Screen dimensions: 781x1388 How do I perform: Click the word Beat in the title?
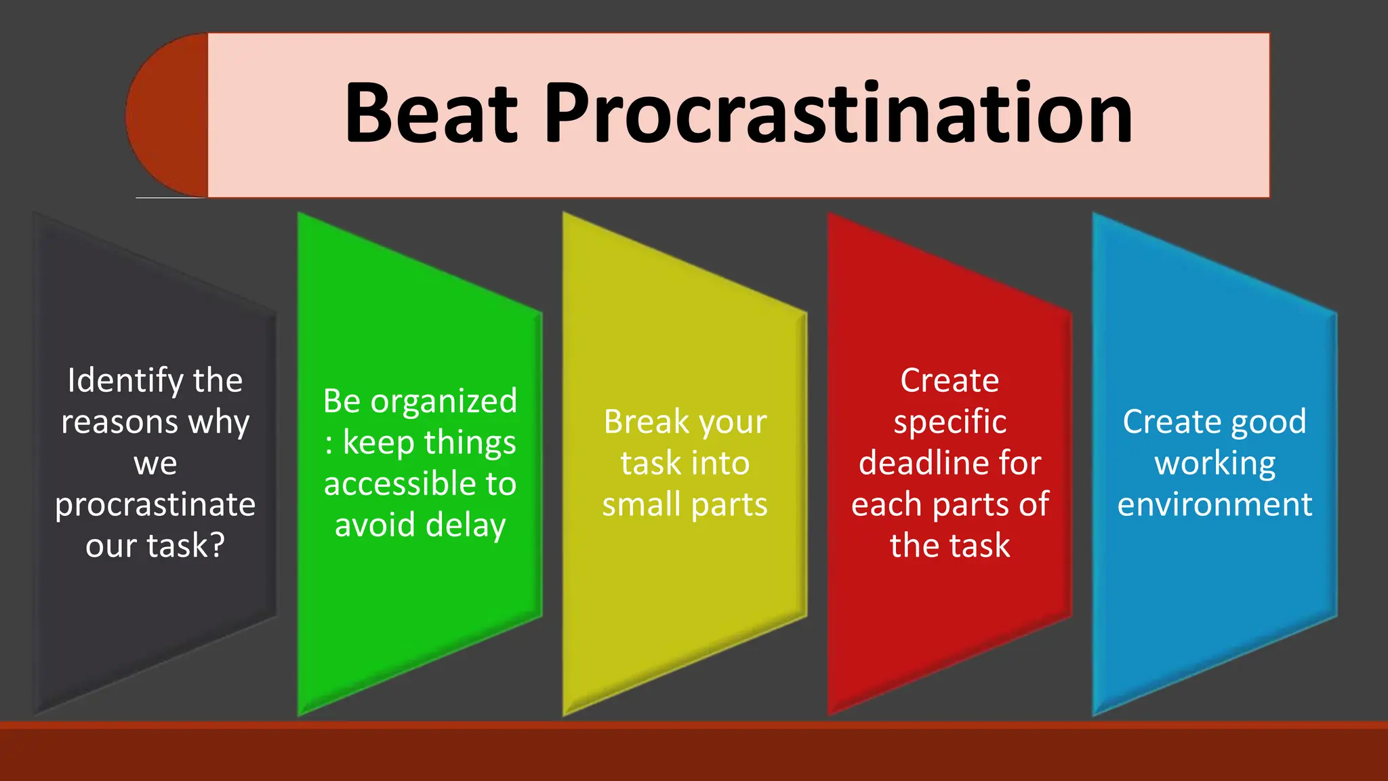(431, 114)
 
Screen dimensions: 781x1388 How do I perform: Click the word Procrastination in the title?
(838, 114)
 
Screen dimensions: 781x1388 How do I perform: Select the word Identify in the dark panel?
(125, 381)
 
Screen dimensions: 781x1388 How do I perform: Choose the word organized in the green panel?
(444, 402)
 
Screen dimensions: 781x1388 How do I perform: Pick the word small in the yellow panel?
(641, 505)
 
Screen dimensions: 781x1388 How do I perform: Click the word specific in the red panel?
(950, 423)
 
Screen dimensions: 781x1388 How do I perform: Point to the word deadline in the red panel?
(926, 464)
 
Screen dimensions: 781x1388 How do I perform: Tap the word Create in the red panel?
(950, 381)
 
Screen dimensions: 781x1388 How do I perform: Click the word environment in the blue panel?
(1214, 505)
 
